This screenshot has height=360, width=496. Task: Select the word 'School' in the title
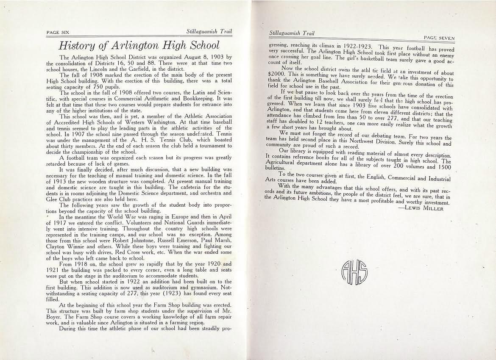click(201, 45)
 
